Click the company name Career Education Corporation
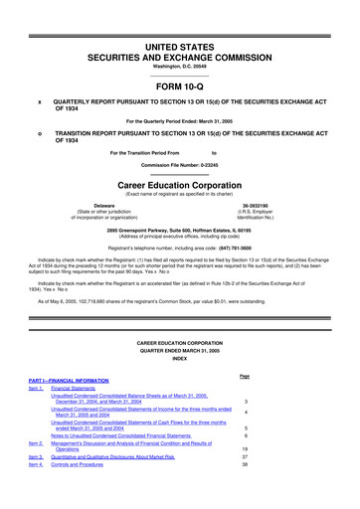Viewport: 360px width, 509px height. click(179, 183)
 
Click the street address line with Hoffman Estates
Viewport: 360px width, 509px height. click(179, 232)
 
